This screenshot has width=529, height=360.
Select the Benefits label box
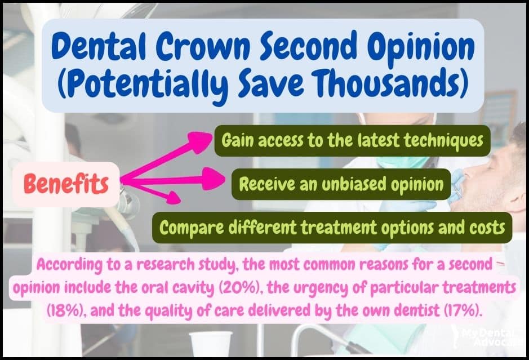point(66,184)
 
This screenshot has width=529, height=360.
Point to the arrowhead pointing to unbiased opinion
point(214,179)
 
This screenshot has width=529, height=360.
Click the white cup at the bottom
point(211,344)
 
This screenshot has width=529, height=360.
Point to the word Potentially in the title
point(146,84)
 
